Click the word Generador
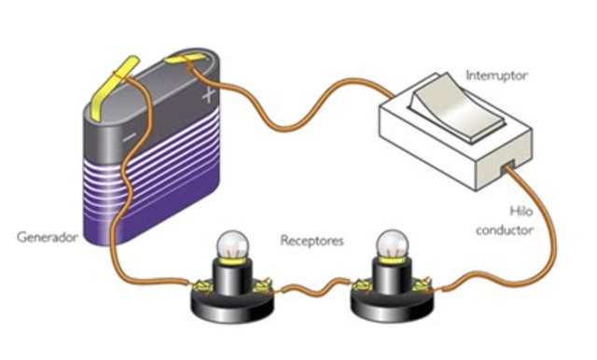(48, 238)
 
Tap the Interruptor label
(497, 76)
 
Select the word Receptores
(312, 241)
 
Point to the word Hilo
(521, 211)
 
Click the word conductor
(505, 230)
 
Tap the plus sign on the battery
(209, 94)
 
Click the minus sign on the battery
(130, 136)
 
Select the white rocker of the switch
(457, 107)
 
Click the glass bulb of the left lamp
(232, 244)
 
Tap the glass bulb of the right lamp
(392, 244)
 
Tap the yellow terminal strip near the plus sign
(186, 59)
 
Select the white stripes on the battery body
(152, 168)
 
